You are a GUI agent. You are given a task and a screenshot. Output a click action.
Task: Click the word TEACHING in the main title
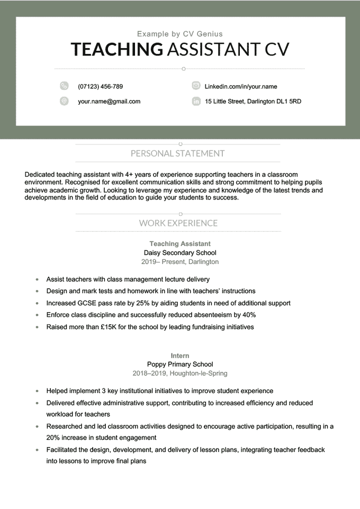point(117,49)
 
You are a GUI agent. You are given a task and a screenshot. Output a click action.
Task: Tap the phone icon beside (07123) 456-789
point(65,86)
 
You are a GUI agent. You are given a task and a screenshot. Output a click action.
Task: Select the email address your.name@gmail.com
point(109,101)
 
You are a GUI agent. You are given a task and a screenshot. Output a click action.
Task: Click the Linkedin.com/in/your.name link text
point(241,86)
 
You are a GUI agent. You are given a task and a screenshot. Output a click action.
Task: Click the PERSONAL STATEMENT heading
point(177,153)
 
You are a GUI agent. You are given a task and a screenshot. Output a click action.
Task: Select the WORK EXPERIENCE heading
point(178,223)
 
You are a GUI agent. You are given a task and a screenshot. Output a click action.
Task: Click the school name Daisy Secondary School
point(180,252)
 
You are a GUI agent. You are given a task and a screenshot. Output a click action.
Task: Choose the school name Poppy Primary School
point(180,364)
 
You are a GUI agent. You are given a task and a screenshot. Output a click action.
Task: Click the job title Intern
point(180,356)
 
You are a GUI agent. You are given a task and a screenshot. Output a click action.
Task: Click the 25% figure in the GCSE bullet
point(143,303)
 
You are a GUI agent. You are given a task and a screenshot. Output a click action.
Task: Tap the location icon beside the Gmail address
point(65,101)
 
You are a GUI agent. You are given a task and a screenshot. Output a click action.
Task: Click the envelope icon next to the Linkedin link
point(196,86)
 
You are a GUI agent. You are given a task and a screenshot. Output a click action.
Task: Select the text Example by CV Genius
point(180,34)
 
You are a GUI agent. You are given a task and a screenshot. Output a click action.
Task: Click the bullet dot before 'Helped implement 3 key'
point(37,391)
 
